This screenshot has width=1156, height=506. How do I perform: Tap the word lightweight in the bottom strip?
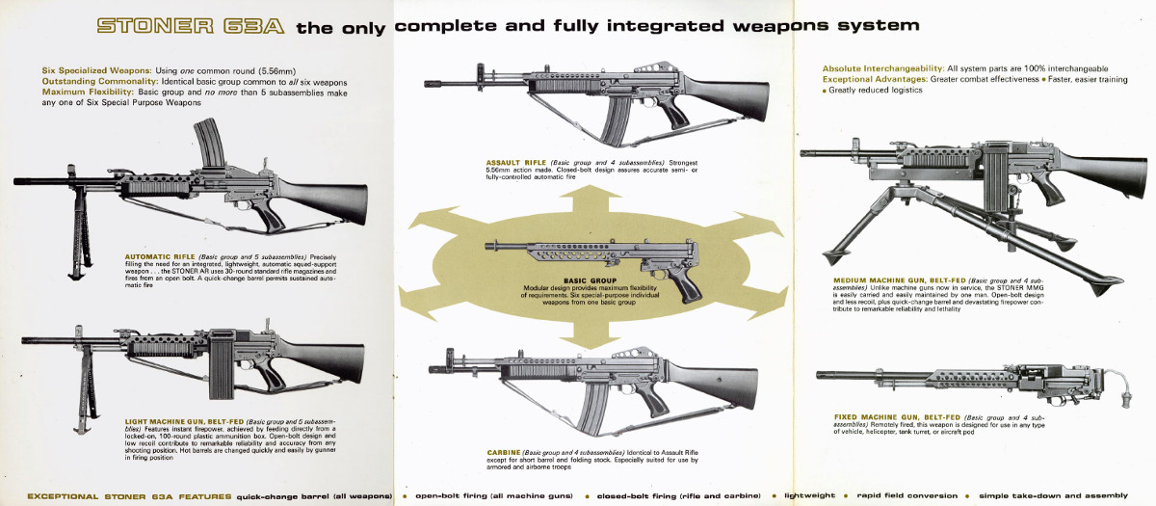(808, 495)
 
